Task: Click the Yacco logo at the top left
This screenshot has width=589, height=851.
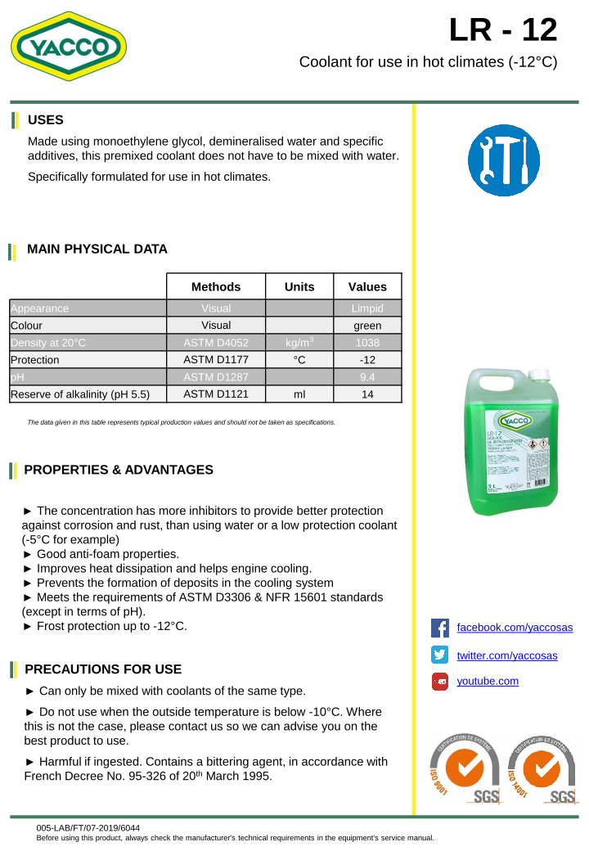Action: coord(69,47)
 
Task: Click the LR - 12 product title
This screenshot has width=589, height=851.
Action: coord(503,30)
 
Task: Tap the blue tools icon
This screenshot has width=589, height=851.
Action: coord(503,160)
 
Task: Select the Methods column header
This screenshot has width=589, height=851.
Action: coord(216,286)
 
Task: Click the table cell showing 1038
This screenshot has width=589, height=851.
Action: coord(367,342)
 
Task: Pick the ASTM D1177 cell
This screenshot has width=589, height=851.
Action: coord(216,359)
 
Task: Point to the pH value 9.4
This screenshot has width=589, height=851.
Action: coord(367,376)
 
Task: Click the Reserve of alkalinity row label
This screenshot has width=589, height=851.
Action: coord(80,394)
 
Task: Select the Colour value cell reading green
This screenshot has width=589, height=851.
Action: coord(367,325)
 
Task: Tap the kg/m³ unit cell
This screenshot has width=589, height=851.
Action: coord(299,342)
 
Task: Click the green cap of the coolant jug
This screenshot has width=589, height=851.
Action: coord(537,374)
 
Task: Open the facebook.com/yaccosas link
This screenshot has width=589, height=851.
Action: coord(514,628)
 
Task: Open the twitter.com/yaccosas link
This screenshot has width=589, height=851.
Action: coord(506,655)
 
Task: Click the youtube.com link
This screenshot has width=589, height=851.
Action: coord(488,681)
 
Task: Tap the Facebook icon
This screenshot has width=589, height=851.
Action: coord(440,628)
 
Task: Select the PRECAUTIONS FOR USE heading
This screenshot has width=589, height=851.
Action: coord(103,669)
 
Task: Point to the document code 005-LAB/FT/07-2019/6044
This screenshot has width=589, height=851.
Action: coord(88,828)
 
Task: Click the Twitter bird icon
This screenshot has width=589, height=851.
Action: coord(440,655)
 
